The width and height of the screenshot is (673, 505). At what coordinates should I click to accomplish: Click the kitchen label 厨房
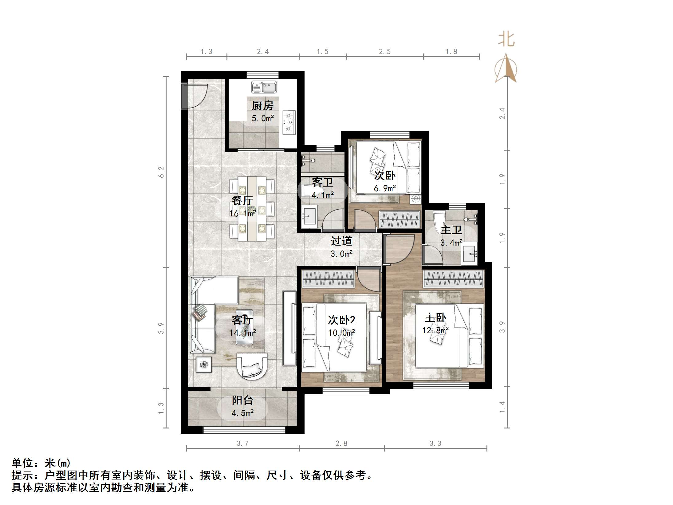pos(262,106)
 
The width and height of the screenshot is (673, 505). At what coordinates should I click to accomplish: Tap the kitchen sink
pos(264,87)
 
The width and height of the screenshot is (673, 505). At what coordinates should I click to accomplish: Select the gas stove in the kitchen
pos(289,122)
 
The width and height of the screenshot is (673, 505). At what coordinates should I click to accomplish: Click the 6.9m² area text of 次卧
pos(384,188)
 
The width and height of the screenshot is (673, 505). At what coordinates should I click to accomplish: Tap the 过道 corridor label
pos(341,241)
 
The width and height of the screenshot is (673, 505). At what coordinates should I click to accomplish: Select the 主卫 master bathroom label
pos(451,230)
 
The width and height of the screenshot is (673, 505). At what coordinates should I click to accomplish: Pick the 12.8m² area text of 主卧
pos(435,330)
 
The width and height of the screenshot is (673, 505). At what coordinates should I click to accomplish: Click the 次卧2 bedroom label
pos(341,320)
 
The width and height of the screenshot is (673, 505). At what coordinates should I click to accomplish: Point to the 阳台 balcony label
pos(242,400)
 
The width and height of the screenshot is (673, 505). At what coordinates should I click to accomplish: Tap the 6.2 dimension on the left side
pos(161,172)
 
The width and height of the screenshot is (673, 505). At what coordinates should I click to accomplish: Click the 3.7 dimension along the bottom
pos(242,443)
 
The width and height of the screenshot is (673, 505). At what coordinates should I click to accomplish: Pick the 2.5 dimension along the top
pos(384,52)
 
